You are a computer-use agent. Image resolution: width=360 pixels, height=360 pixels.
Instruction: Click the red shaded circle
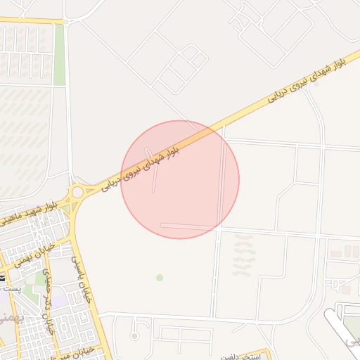tap(180, 179)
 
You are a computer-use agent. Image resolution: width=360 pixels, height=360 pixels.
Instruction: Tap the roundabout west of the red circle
tap(77, 192)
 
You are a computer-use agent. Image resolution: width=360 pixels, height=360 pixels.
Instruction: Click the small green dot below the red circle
tap(160, 278)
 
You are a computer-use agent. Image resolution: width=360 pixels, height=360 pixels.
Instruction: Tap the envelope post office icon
tap(4, 279)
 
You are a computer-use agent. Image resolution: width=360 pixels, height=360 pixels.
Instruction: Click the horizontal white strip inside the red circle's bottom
tap(186, 226)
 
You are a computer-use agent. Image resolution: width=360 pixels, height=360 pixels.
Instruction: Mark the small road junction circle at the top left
tap(66, 22)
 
